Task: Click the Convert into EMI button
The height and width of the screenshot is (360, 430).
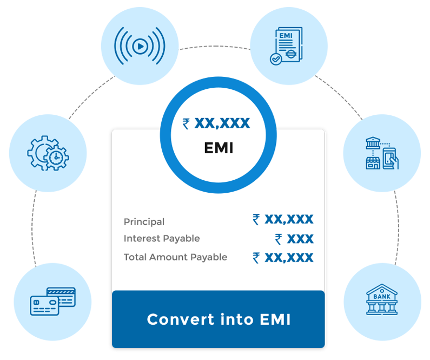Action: [218, 319]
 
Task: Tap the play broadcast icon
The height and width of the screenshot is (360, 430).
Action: [140, 47]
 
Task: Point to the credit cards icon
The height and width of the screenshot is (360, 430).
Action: [53, 300]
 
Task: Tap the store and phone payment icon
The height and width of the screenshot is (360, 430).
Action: [382, 154]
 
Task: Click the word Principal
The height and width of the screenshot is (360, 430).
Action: [144, 222]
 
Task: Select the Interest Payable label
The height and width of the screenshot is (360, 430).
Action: [162, 239]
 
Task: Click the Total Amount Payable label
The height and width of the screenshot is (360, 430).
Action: [175, 257]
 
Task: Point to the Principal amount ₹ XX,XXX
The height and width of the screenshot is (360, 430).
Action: [283, 219]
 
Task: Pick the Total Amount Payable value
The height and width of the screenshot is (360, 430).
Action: [283, 258]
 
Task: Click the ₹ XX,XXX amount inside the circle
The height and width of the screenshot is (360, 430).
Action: [216, 123]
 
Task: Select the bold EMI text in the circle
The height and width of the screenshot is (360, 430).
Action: [219, 148]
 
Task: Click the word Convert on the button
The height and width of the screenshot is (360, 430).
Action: [174, 319]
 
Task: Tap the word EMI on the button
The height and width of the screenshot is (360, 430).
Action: [275, 319]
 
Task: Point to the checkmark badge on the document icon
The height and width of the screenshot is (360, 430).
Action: [276, 58]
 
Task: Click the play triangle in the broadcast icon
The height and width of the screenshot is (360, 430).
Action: [140, 47]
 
